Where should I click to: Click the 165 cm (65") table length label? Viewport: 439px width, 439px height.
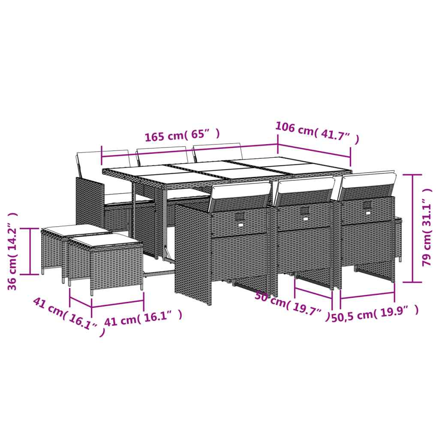coord(182,136)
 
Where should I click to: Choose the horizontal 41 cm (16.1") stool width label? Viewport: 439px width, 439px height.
coord(143,317)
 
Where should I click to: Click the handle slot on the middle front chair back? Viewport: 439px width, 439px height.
coord(305,212)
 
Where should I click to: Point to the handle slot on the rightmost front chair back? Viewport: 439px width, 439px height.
coord(367,207)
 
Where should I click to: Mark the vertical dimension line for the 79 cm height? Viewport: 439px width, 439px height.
coord(413,227)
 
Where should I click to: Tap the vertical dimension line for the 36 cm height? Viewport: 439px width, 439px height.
coord(30,251)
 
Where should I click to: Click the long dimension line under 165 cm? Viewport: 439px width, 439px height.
coord(189,153)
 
